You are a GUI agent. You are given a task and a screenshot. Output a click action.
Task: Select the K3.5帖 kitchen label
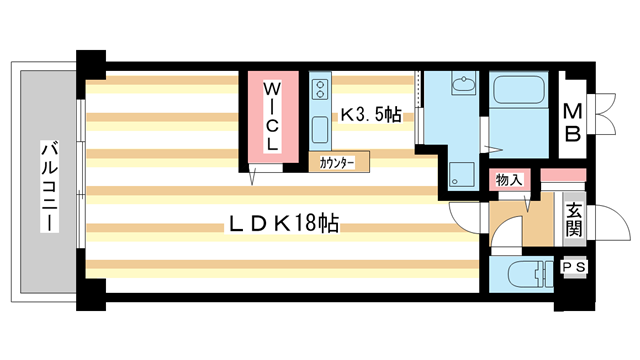coord(370,115)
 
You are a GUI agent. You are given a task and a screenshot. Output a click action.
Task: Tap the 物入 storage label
coord(509,180)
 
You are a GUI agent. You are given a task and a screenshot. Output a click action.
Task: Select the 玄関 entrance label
coord(573,220)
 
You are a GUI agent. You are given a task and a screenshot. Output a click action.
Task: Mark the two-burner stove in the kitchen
coord(320,92)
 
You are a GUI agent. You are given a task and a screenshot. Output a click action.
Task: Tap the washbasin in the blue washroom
coord(463,88)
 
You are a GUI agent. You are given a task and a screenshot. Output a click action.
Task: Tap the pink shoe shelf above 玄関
coord(553,178)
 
